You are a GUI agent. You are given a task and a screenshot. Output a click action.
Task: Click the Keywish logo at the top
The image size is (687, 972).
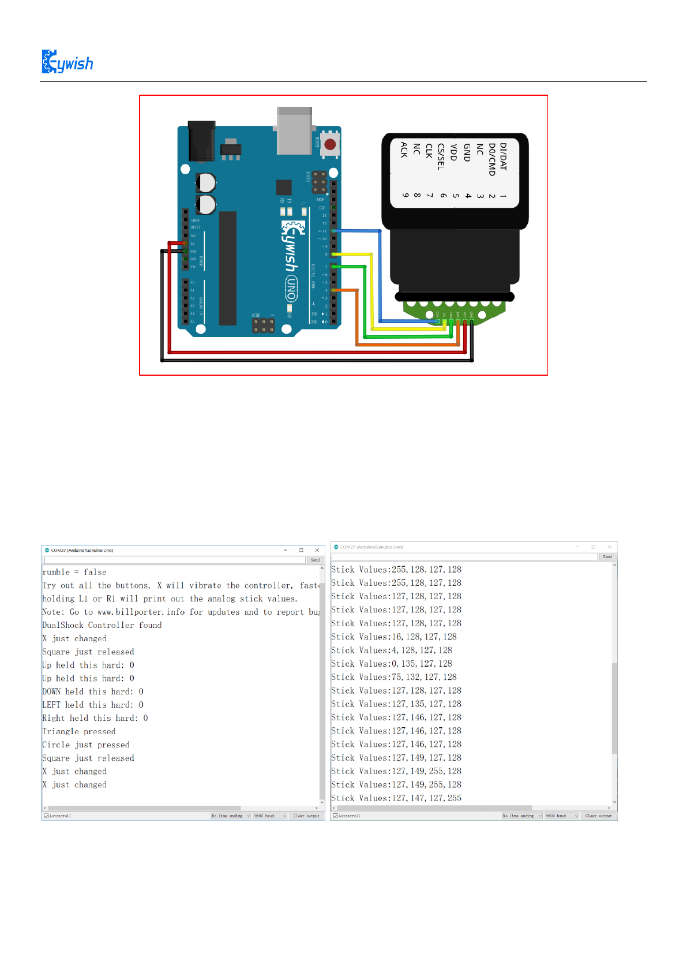point(67,62)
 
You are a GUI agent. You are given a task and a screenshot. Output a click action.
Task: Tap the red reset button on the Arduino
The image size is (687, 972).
point(330,144)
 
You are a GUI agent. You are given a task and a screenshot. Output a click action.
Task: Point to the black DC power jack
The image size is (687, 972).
point(202,141)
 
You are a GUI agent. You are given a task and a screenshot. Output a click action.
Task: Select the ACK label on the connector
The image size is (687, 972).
point(404,149)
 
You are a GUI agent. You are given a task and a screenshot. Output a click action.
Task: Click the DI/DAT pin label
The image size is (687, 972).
point(503,156)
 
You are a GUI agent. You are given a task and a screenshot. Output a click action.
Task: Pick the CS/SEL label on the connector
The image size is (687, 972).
point(441,156)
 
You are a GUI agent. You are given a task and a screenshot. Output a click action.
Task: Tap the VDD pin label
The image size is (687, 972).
point(453,152)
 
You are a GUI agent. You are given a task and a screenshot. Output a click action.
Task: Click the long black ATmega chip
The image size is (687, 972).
point(228,268)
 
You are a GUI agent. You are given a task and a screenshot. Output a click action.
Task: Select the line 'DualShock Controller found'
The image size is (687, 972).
point(102,625)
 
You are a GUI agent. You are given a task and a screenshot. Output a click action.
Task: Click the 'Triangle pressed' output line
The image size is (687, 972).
point(79,731)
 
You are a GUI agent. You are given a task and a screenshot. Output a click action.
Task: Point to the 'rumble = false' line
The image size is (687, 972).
point(74,572)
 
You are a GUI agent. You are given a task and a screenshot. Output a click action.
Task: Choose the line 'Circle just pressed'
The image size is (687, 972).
point(86,745)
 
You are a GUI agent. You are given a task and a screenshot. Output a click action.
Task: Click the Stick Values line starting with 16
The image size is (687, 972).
point(394,637)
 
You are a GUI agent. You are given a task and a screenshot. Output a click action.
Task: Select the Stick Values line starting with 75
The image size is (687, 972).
point(394,677)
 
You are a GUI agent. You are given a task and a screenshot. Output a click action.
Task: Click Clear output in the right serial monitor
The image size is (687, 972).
point(598,816)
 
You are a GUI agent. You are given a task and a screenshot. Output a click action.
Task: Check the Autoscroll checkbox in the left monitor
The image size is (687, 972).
point(46,816)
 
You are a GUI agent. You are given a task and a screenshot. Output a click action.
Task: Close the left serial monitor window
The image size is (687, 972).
point(317,550)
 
